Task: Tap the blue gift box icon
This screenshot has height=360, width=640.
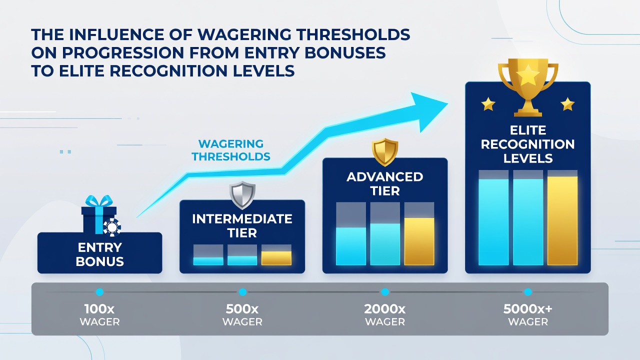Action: pos(99,214)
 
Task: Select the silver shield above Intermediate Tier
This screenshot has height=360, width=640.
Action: pos(242,195)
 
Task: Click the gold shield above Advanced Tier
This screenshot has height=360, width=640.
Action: pos(385,152)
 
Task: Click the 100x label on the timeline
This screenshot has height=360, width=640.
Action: pos(99,309)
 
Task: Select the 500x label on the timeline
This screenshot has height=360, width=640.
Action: pos(242,309)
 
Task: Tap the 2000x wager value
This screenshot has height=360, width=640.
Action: pos(385,309)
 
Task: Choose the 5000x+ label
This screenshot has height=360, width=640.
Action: pos(527,309)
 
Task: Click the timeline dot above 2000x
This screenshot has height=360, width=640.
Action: pos(385,292)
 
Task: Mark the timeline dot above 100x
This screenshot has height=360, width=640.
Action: pos(99,292)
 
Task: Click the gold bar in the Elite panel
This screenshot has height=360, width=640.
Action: pos(562,220)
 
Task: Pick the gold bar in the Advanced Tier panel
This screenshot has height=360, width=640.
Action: pos(419,241)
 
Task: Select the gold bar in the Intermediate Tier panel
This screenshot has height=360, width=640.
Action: pos(276,258)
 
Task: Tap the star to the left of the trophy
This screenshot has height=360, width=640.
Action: pos(488,104)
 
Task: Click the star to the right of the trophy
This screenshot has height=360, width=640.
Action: pos(567,104)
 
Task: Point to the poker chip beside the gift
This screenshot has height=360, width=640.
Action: pos(112,227)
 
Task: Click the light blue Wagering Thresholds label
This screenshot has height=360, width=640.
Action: pos(231,150)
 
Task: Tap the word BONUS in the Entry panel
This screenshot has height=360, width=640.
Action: pos(99,261)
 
